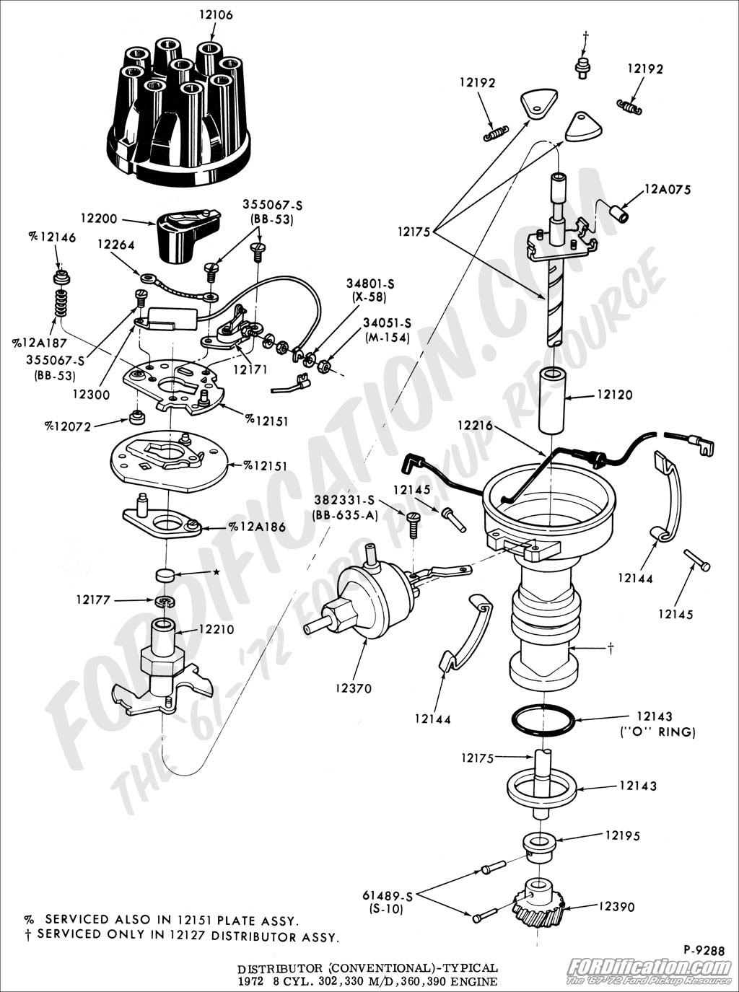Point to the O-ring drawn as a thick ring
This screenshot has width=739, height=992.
(x=543, y=721)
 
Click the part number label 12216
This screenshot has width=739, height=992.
(x=475, y=426)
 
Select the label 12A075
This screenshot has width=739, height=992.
(x=668, y=190)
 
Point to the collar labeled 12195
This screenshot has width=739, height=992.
(x=538, y=844)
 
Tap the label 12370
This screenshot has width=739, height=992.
(x=354, y=688)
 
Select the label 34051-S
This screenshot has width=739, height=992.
(x=387, y=322)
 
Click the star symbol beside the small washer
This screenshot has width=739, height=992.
(x=216, y=572)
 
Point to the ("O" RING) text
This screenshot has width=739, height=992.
(x=657, y=732)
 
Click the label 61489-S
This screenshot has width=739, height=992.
(x=387, y=895)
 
